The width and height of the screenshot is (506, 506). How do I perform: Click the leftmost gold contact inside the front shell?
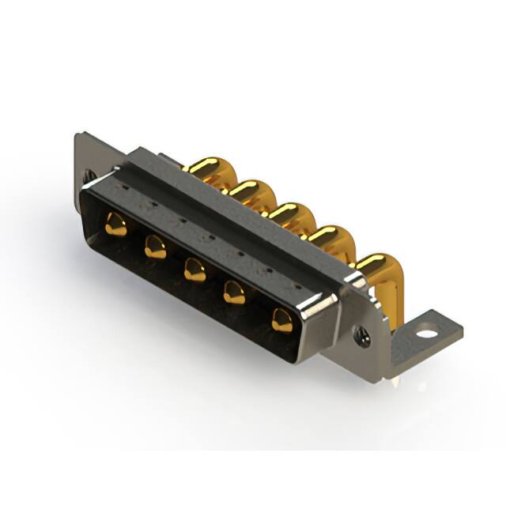115,225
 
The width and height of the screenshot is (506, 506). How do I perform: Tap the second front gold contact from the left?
154,248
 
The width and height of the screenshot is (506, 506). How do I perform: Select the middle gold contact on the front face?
194,271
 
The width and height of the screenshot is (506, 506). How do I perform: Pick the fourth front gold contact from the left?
236,295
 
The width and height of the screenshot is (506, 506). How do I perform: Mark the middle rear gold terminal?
285,211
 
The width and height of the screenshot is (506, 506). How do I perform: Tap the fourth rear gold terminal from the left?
325,235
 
